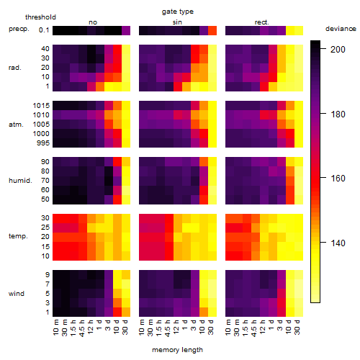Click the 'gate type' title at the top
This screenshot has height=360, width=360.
[x=178, y=12]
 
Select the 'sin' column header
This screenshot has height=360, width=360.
[x=177, y=22]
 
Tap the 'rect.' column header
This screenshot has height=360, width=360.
[x=261, y=22]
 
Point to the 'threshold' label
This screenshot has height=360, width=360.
[x=40, y=17]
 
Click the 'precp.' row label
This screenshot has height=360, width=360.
[x=19, y=29]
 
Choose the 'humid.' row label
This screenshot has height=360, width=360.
[x=20, y=180]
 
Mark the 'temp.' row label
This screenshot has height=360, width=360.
[x=18, y=236]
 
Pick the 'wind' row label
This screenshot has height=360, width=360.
[x=17, y=293]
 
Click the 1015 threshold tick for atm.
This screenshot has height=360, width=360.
[x=41, y=105]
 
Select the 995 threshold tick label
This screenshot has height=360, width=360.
[x=43, y=143]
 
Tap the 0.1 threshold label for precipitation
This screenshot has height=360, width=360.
[x=44, y=30]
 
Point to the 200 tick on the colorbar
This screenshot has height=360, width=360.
[x=338, y=49]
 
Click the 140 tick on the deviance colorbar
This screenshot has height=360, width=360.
[x=338, y=243]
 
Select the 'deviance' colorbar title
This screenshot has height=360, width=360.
[x=341, y=29]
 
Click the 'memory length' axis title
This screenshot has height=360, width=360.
[x=178, y=350]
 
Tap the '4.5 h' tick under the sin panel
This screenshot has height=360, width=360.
[x=168, y=328]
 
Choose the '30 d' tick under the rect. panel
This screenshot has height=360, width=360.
[x=297, y=327]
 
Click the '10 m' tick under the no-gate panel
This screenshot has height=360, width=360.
[x=55, y=327]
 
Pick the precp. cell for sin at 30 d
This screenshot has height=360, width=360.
[x=212, y=30]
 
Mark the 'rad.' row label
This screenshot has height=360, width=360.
[x=15, y=68]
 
